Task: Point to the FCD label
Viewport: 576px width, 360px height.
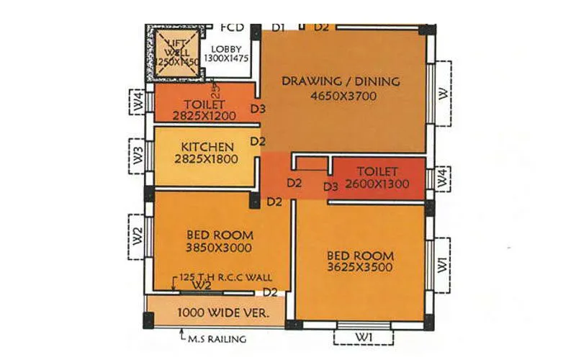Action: coord(232,28)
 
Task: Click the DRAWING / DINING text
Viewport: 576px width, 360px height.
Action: coord(341,81)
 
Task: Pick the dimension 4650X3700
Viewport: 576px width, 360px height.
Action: coord(341,96)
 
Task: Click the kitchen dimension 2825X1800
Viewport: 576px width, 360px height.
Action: coord(206,159)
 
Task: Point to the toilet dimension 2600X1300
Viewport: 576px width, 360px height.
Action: coord(377,184)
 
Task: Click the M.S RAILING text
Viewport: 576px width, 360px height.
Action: coord(215,338)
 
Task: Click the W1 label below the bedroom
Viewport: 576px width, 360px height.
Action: coord(363,337)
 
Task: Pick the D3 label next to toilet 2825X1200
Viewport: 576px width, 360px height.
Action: coord(258,110)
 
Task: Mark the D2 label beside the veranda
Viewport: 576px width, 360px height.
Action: coord(270,292)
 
